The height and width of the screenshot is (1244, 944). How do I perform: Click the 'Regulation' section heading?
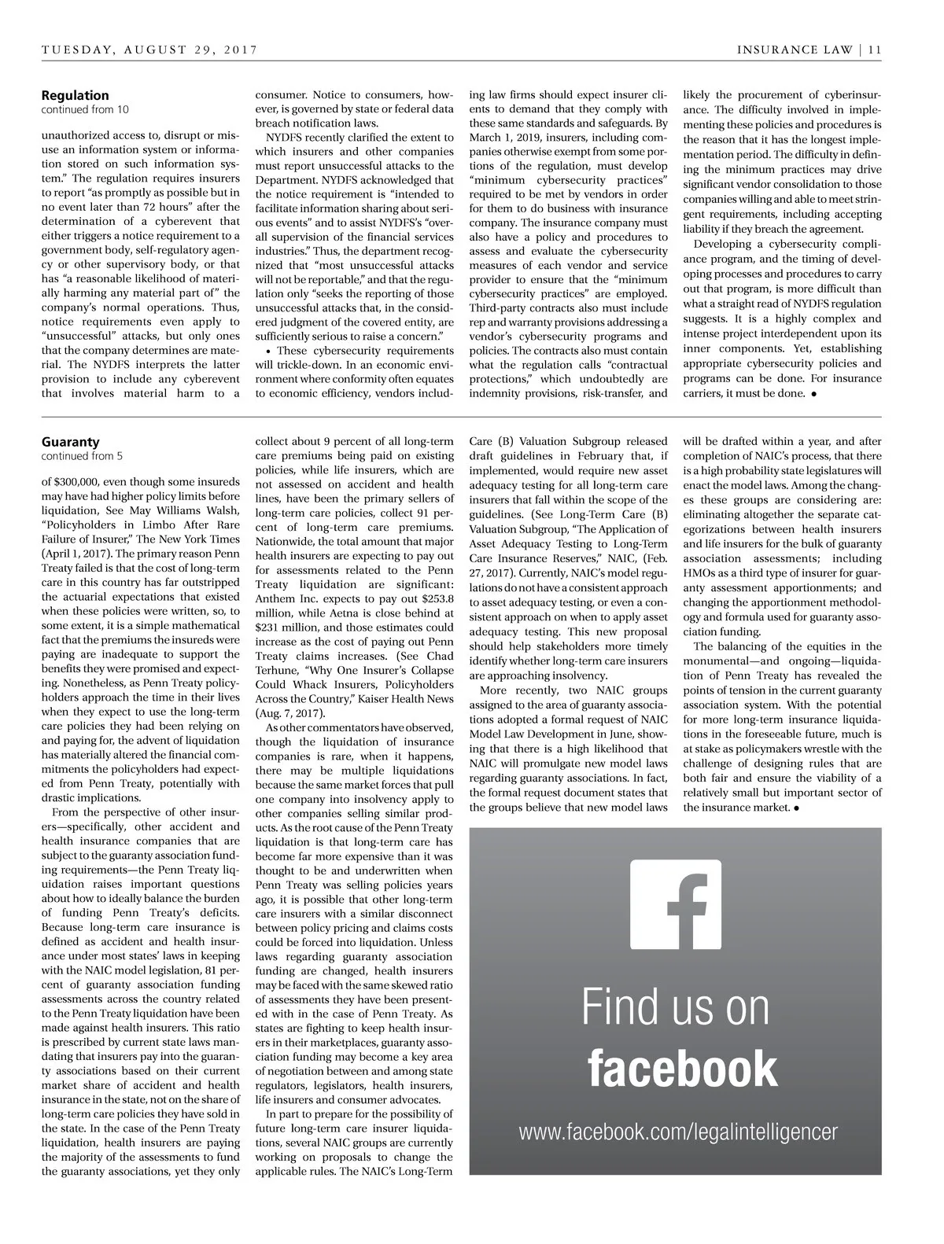pyautogui.click(x=76, y=95)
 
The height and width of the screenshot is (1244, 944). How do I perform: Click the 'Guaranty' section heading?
pyautogui.click(x=71, y=442)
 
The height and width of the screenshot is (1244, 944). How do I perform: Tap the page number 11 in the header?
pyautogui.click(x=876, y=50)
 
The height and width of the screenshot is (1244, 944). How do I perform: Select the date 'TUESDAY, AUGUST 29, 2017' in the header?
pyautogui.click(x=149, y=50)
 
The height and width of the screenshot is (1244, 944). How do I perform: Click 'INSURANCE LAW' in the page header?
pyautogui.click(x=795, y=50)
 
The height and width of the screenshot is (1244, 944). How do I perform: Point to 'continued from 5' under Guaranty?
pyautogui.click(x=82, y=456)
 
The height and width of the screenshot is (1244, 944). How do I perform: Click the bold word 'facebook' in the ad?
pyautogui.click(x=681, y=1068)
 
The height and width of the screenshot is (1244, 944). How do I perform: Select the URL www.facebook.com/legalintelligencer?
pyautogui.click(x=678, y=1132)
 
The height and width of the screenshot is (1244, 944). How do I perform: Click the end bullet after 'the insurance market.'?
pyautogui.click(x=797, y=808)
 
